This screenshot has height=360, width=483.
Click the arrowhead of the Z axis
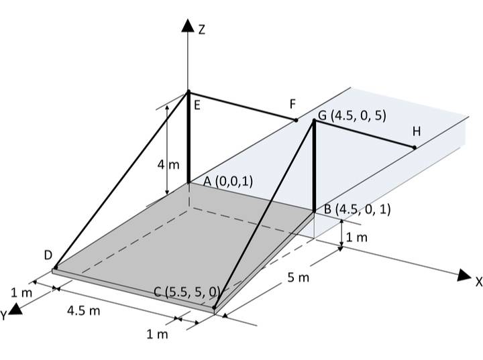point(188,26)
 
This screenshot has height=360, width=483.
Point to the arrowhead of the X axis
point(463,275)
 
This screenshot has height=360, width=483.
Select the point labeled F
point(296,121)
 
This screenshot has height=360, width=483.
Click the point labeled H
point(415,147)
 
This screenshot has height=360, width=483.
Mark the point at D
point(55,268)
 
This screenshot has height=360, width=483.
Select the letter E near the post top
point(197,105)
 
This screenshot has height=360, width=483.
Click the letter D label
point(48,255)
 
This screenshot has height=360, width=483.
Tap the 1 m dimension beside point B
point(357,237)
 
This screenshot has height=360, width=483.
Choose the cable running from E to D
point(121,180)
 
